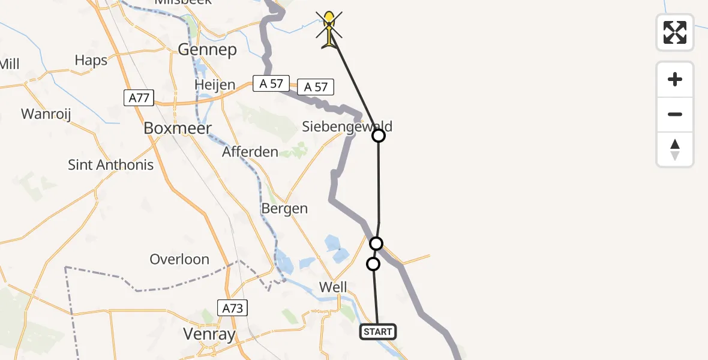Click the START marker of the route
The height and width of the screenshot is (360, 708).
tap(378, 331)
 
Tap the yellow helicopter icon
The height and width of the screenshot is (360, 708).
tap(329, 29)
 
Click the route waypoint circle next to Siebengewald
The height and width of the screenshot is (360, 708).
tap(379, 136)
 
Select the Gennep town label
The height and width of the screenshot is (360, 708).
tap(208, 49)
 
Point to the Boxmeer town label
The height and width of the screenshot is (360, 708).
tap(178, 128)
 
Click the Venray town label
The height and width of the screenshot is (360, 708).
tap(209, 334)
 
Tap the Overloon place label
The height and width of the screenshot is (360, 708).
tap(179, 259)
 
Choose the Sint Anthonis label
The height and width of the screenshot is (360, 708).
tap(111, 165)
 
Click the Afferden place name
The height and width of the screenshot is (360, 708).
tap(250, 152)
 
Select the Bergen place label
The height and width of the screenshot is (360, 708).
tap(284, 209)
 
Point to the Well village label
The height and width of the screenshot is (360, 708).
tap(333, 287)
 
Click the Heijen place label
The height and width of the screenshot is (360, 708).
tap(215, 85)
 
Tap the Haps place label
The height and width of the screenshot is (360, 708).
tap(91, 60)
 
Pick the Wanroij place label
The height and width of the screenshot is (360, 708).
tap(46, 114)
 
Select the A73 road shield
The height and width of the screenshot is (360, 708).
tap(232, 308)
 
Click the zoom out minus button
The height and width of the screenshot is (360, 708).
tap(675, 114)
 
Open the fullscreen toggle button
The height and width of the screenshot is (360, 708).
tap(675, 32)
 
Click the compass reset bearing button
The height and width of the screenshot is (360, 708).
tap(675, 149)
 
